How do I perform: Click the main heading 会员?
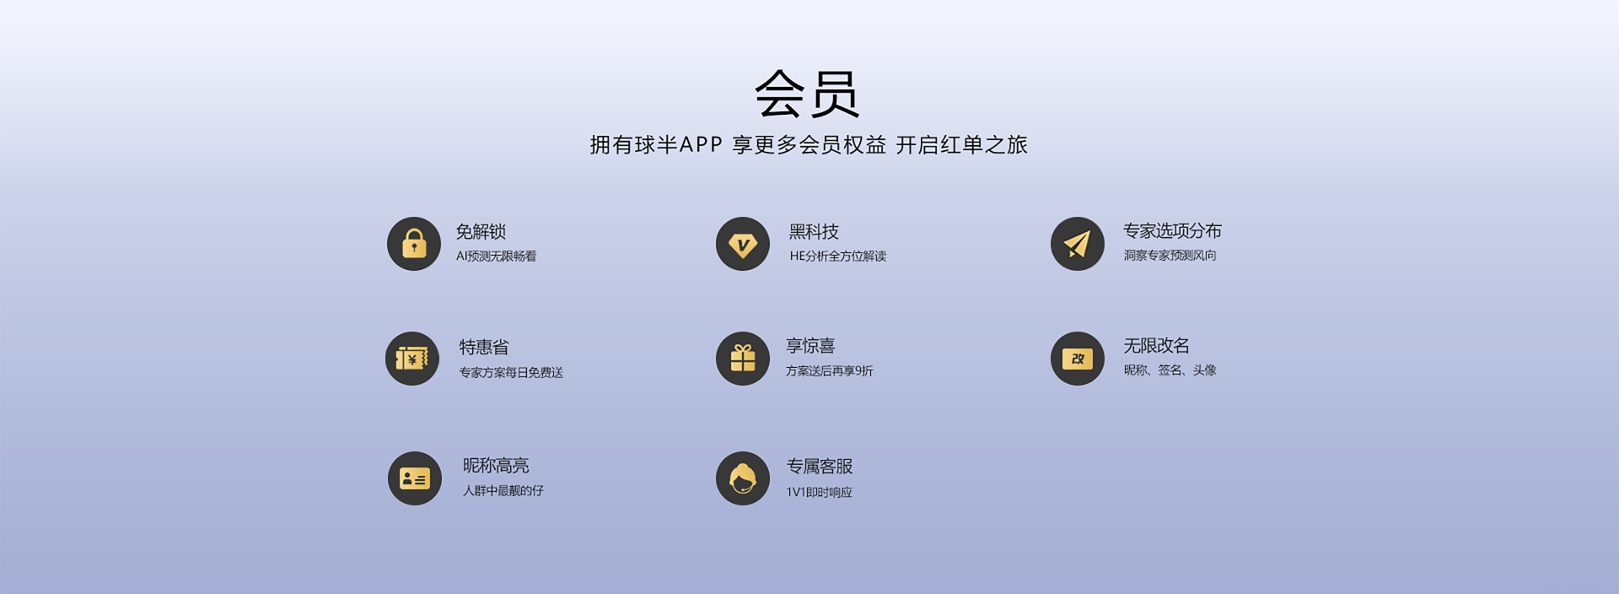(807, 93)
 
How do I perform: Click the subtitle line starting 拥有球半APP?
(809, 145)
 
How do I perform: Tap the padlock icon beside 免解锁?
(414, 244)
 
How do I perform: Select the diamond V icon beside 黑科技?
(743, 244)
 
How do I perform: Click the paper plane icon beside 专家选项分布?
(1078, 244)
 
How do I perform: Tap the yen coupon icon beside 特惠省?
(412, 359)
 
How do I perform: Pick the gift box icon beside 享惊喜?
(743, 359)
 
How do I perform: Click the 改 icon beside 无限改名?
(1078, 359)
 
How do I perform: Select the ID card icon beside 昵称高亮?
(415, 478)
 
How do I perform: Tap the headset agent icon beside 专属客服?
(743, 478)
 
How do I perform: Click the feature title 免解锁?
(481, 231)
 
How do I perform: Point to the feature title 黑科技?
(814, 231)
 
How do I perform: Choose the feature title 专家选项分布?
(1172, 230)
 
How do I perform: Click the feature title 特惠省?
(484, 347)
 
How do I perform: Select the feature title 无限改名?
(1156, 345)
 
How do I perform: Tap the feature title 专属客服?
(820, 466)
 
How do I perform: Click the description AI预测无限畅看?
(497, 256)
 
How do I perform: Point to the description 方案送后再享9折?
(830, 370)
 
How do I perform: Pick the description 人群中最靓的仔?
(503, 490)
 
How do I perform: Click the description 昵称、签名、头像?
(1170, 370)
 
